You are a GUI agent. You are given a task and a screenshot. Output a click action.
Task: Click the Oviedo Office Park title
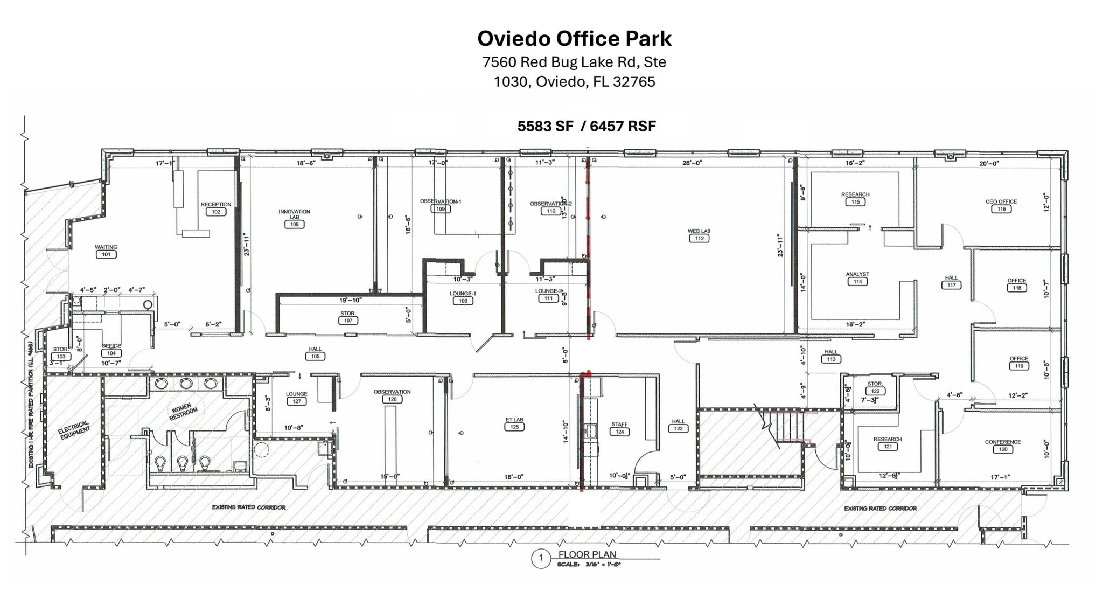point(574,39)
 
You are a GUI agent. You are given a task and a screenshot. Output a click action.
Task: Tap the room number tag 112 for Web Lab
point(699,238)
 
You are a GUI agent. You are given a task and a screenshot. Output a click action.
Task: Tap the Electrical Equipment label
point(74,430)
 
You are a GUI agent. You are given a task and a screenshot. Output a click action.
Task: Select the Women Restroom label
point(183,412)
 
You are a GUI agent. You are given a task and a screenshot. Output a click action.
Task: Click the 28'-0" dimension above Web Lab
point(692,163)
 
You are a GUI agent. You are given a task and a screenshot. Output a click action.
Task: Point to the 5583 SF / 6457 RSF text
point(587,126)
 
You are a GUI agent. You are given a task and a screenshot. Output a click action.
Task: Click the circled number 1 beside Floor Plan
point(541,559)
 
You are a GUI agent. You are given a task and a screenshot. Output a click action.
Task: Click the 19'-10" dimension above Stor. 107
point(351,300)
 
